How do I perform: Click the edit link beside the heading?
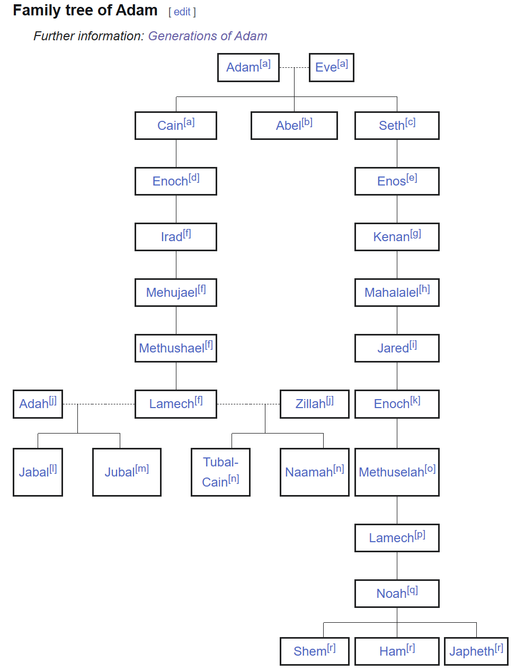[x=182, y=12]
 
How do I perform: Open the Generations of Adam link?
[x=207, y=36]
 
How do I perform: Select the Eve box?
[x=332, y=67]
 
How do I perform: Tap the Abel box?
[x=294, y=126]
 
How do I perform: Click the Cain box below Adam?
[x=176, y=126]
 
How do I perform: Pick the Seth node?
[x=397, y=126]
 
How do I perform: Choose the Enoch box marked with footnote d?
[x=176, y=181]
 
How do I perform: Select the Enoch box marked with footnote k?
[x=397, y=404]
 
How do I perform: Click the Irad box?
[x=176, y=236]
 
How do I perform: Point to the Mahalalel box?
[x=397, y=293]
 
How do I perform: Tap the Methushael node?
[x=176, y=348]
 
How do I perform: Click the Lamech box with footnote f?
[x=176, y=404]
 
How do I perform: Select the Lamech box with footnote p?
[x=397, y=537]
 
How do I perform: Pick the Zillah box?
[x=315, y=404]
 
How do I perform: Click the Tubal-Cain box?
[x=220, y=472]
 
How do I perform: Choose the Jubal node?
[x=127, y=472]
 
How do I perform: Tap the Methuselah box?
[x=397, y=472]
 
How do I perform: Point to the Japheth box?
[x=476, y=651]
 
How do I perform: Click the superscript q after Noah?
[x=412, y=590]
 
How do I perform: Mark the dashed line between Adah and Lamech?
[x=99, y=404]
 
